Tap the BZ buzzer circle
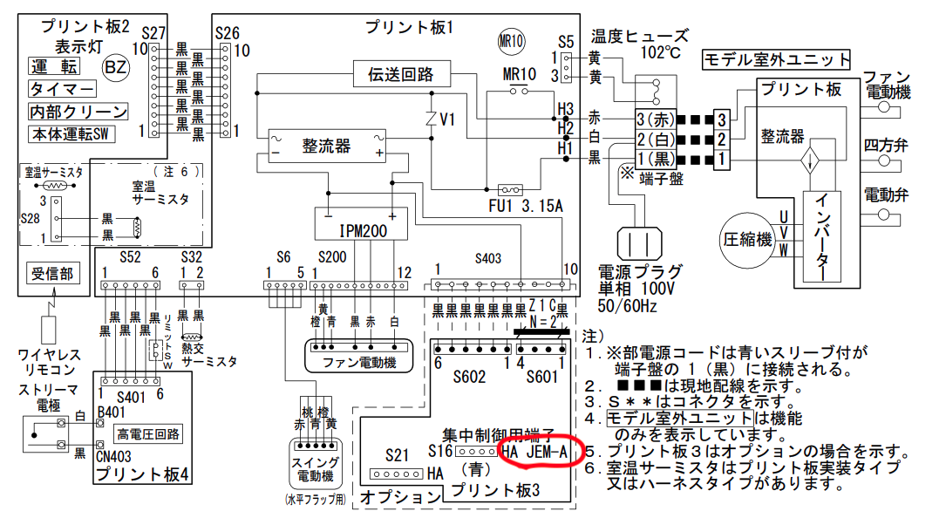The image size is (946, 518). pos(115,67)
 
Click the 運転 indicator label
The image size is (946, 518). pos(55,67)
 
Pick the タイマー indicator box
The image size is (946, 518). pos(63,90)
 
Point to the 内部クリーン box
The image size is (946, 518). pos(78,112)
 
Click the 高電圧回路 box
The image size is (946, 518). pos(148,433)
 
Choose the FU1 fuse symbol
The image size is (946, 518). pos(509,189)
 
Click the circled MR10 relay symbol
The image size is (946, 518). pos(510,41)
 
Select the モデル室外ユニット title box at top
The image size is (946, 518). pos(775,60)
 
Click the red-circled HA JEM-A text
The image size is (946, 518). pos(535,452)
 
